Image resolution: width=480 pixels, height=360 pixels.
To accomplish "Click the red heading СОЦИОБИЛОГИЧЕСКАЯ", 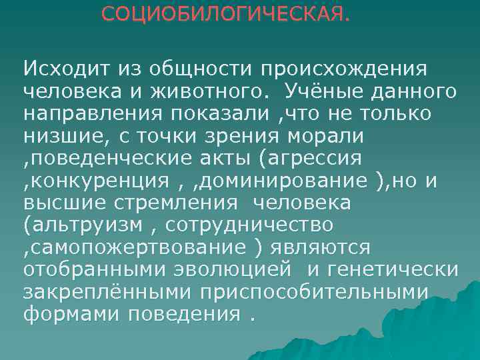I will (225, 13).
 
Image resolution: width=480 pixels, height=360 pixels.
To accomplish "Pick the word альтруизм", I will (83, 225).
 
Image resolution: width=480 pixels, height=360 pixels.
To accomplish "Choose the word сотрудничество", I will (247, 225).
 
